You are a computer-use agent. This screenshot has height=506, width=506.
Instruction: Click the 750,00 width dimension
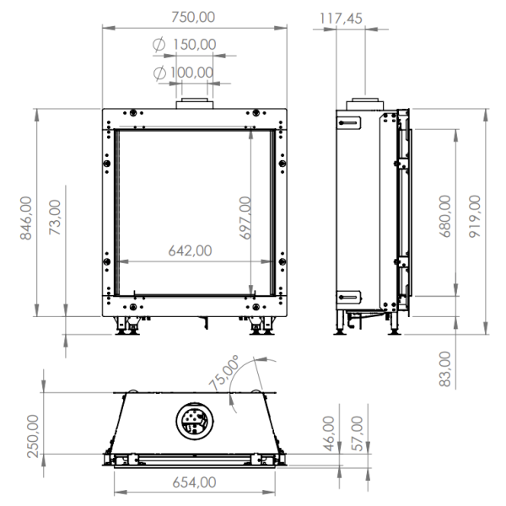[x=193, y=16]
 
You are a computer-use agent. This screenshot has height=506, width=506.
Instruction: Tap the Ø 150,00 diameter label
[x=185, y=45]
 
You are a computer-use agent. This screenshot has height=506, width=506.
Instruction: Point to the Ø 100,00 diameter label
[x=185, y=72]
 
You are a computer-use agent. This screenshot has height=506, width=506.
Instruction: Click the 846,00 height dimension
[x=27, y=218]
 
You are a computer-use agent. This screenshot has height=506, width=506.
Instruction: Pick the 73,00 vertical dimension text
[x=56, y=218]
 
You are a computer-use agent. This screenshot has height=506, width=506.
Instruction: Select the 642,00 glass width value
[x=190, y=250]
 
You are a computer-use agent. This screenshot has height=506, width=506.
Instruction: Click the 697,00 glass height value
[x=245, y=218]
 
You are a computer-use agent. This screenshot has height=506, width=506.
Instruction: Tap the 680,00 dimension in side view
[x=444, y=217]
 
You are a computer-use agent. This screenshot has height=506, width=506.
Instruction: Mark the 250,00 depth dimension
[x=33, y=435]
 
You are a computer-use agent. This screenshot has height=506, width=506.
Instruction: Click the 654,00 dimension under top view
[x=193, y=482]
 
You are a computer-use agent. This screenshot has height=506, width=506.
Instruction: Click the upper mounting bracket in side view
[x=348, y=122]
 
